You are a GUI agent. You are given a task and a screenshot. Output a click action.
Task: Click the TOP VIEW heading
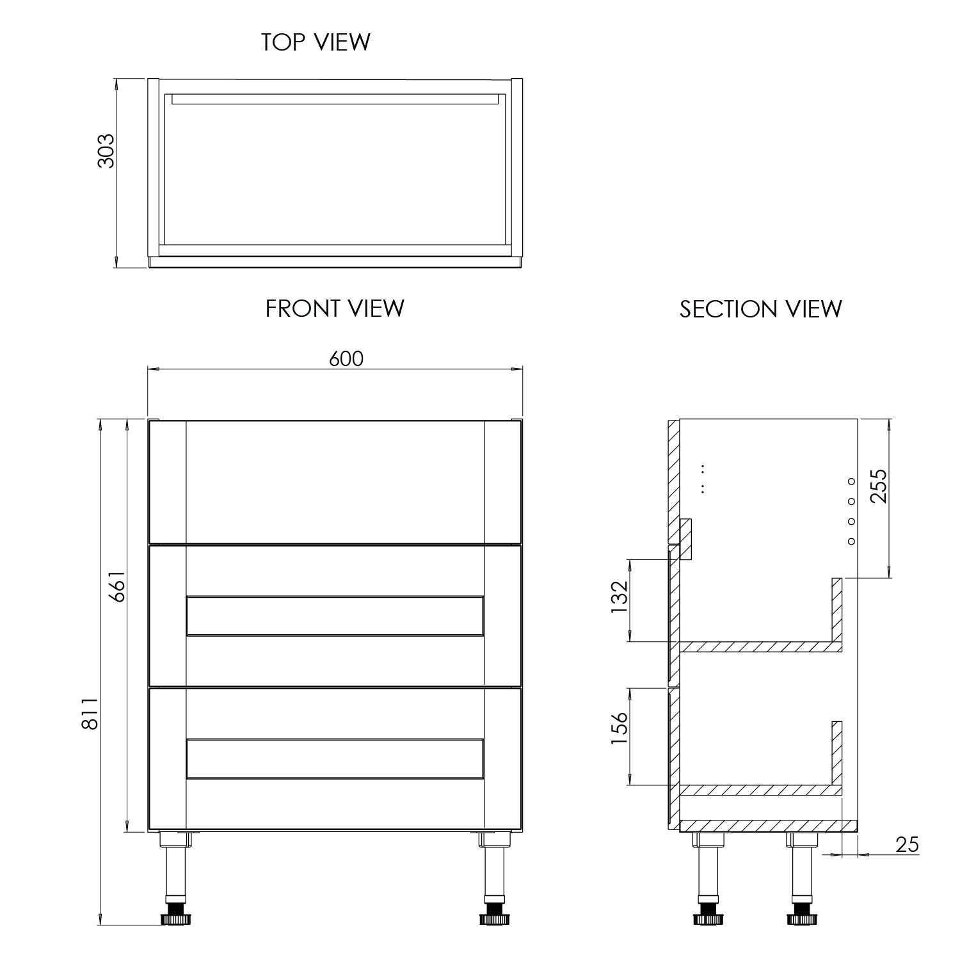316,42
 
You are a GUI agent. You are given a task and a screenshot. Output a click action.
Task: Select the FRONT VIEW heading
335,308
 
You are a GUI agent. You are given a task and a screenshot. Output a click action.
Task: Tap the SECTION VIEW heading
760,309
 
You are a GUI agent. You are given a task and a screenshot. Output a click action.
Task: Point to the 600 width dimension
346,359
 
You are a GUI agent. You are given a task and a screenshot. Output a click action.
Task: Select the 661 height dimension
116,585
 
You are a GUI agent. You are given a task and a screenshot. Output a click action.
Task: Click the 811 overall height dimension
90,714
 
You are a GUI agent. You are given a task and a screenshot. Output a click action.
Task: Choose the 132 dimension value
620,597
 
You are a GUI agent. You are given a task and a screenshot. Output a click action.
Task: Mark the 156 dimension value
620,729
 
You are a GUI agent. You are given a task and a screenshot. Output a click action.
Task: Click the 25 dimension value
907,845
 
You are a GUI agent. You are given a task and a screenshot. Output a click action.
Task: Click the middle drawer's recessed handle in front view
335,616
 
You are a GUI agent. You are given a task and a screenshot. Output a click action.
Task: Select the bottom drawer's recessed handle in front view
335,759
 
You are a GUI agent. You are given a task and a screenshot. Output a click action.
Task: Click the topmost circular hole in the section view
851,481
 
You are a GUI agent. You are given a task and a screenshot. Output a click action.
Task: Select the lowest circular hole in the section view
851,541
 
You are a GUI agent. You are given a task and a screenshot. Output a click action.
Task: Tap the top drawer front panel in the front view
335,481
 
